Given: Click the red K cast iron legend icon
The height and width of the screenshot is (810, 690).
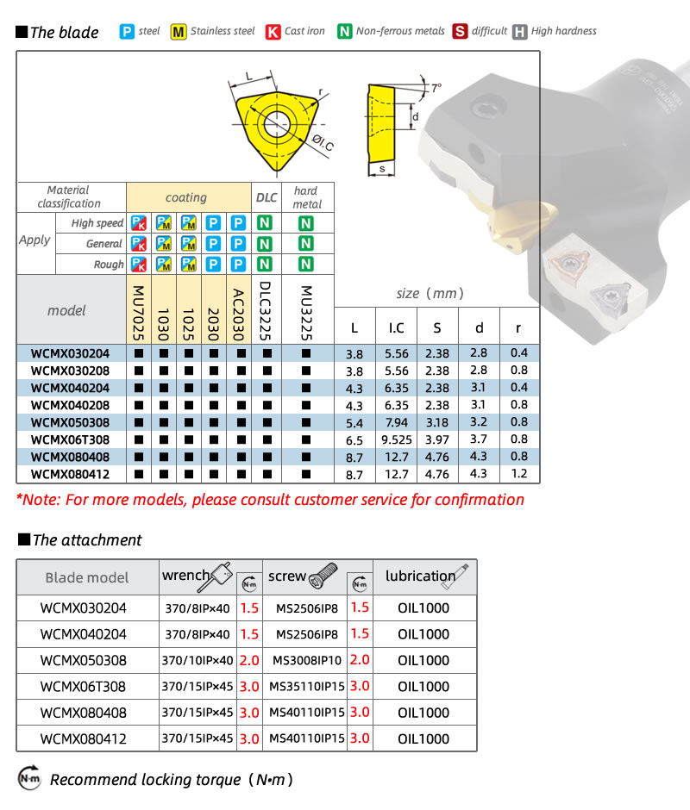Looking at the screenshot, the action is tap(273, 32).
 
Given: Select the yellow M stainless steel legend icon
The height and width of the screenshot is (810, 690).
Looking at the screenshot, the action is tap(179, 32).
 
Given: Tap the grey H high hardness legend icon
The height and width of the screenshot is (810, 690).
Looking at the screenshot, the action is tap(520, 32).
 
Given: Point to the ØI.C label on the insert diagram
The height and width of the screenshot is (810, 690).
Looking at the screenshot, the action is tap(323, 142).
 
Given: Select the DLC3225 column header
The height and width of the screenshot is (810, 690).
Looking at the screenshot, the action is tap(265, 310).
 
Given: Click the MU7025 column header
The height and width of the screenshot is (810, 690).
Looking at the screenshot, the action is tap(138, 313).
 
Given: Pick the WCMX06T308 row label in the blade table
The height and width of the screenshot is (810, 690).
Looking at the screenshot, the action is tap(71, 440).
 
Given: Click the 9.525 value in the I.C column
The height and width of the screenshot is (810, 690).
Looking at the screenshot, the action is tap(397, 440).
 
